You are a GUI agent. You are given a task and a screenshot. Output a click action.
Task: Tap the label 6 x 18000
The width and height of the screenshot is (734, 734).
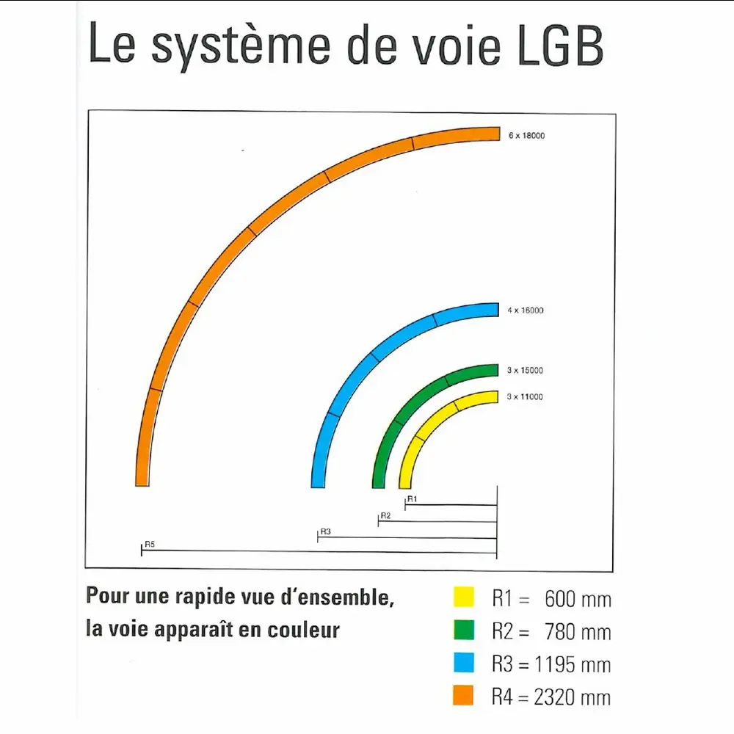(527, 136)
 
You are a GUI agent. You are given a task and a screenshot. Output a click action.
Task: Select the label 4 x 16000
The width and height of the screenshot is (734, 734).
(526, 310)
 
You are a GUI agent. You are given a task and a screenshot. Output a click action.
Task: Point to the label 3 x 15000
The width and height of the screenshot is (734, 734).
(526, 371)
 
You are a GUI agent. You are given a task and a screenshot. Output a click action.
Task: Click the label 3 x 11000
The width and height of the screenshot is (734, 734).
(526, 397)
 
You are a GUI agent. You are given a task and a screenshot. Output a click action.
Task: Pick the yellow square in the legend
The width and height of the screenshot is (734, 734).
(463, 597)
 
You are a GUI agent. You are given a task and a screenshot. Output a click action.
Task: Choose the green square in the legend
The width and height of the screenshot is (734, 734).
(463, 629)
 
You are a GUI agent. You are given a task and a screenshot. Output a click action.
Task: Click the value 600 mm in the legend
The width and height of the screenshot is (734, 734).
(578, 599)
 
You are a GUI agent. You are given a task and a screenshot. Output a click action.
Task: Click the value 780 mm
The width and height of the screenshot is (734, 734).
(578, 631)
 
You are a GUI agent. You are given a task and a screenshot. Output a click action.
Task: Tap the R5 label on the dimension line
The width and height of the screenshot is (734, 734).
(150, 544)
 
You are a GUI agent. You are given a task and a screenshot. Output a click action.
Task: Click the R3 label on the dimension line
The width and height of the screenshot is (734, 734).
(326, 531)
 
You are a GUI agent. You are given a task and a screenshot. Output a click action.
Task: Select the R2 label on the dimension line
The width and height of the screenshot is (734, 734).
(385, 516)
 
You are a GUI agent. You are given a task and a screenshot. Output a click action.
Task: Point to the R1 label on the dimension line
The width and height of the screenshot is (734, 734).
(412, 499)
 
